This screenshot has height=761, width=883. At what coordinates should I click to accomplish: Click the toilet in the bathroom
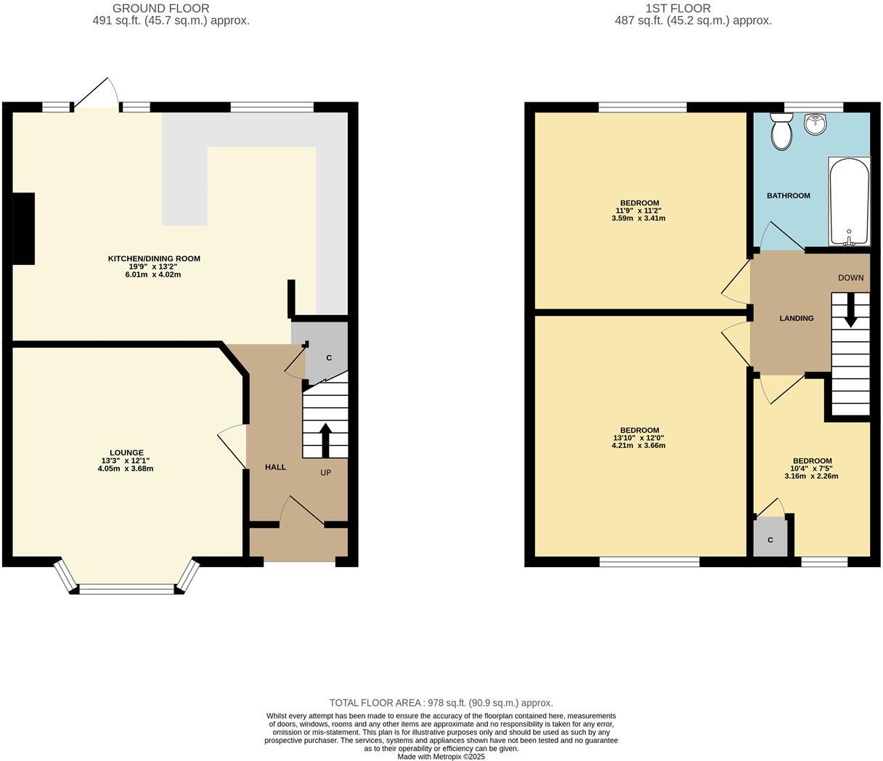pos(782,132)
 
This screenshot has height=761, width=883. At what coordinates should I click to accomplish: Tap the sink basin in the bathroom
pos(815,125)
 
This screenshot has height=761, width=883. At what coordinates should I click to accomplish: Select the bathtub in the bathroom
pos(848,201)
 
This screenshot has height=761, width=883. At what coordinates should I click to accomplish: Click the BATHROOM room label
pos(788,196)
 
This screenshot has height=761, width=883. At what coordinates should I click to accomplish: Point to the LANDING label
pos(796,319)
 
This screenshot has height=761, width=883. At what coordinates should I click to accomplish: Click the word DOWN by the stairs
pos(850,278)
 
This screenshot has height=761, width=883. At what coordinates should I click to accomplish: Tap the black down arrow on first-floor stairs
pos(850,311)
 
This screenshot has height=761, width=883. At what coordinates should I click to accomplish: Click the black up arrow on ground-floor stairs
pos(325,439)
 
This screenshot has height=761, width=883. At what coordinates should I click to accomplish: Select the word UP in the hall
pos(326,473)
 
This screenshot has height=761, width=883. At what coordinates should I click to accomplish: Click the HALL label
pos(275,468)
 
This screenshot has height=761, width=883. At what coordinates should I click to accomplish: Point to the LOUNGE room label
pos(127,453)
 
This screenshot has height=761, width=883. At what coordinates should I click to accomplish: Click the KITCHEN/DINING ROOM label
pos(154,259)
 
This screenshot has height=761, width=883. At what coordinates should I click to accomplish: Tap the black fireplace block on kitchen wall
pos(24,228)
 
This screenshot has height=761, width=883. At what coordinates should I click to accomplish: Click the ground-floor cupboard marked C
pos(328,358)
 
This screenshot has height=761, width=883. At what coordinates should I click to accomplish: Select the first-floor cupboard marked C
pos(770,540)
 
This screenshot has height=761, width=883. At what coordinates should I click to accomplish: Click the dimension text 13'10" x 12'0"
pos(638,438)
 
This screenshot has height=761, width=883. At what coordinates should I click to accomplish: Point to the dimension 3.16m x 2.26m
pos(811,476)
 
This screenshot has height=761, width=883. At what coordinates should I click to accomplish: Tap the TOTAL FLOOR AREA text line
pos(441,703)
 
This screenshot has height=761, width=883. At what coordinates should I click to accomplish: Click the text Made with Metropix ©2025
pos(441,756)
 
